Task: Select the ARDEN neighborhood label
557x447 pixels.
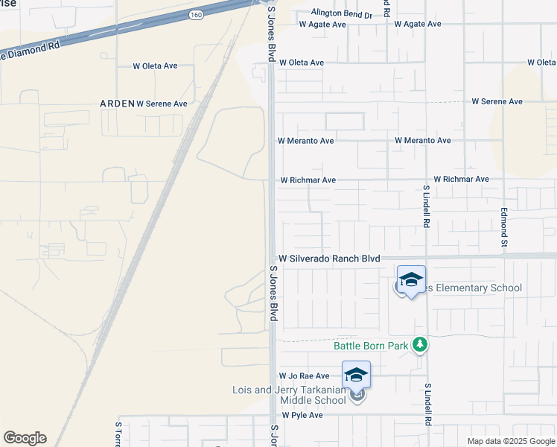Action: [117, 104]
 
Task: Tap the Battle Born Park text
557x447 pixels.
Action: [371, 346]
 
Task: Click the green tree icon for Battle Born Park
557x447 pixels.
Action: [421, 344]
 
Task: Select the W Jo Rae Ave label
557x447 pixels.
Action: [304, 376]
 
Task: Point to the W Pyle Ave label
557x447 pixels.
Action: [302, 415]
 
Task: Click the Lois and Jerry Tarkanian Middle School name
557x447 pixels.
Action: [288, 395]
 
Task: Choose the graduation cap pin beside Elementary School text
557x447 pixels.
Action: [410, 279]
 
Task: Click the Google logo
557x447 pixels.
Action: [25, 438]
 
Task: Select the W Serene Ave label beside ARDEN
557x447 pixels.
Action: [162, 104]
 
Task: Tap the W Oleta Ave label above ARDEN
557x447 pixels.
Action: [155, 66]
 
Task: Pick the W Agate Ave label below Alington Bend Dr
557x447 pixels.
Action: [322, 25]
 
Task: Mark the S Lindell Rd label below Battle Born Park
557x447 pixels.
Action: [428, 405]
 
